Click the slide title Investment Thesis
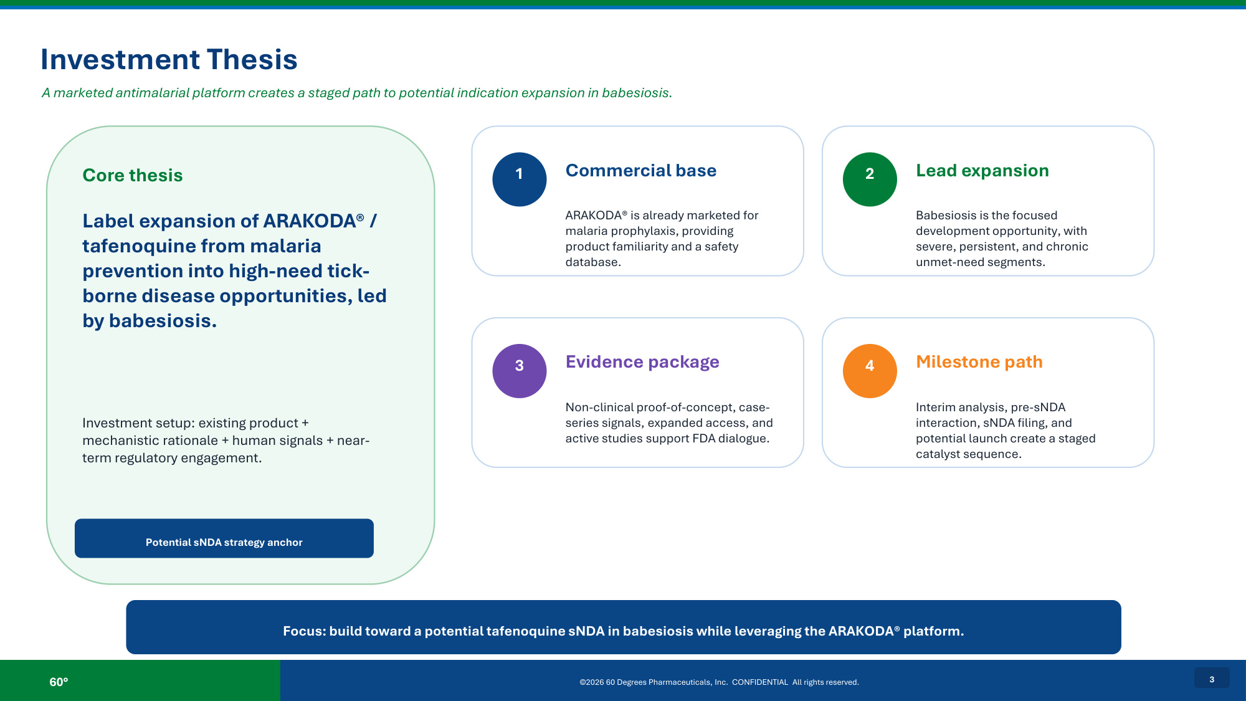(x=169, y=60)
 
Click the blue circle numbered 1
(x=520, y=179)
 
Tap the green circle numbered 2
(x=870, y=179)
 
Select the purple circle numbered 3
(x=520, y=371)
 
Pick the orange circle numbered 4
(x=870, y=371)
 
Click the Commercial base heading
(x=641, y=171)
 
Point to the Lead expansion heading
(x=982, y=171)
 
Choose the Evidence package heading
(x=642, y=362)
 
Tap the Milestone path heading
(x=979, y=362)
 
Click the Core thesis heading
(x=133, y=176)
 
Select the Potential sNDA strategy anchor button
(x=224, y=538)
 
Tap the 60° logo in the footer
(x=59, y=682)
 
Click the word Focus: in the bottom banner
(x=305, y=631)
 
